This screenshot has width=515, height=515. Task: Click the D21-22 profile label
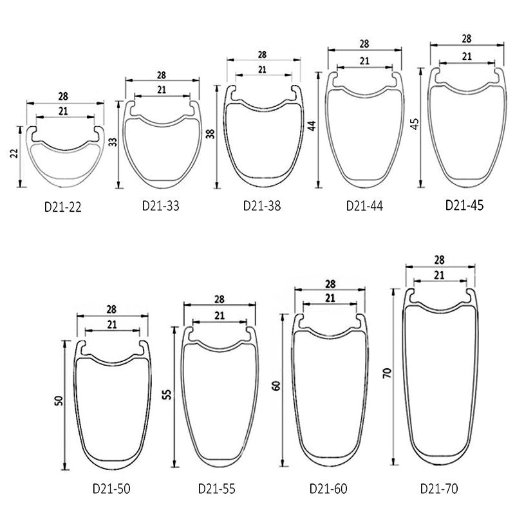point(62,207)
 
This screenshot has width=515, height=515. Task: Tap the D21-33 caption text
point(160,206)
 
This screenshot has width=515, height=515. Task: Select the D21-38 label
point(262,206)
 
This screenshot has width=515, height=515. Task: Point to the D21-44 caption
point(364,206)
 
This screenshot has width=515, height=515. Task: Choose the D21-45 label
point(464,205)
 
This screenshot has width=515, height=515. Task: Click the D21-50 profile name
point(111,489)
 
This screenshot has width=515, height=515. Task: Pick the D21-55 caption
point(217,489)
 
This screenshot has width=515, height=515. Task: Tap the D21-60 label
point(328,489)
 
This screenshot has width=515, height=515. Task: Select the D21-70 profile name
point(439,489)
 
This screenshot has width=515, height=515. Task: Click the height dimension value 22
point(14,154)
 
